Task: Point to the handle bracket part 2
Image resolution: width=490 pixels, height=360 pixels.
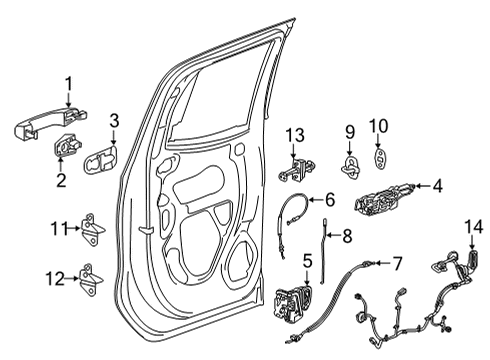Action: click(x=72, y=147)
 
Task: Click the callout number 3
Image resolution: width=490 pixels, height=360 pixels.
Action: click(x=115, y=121)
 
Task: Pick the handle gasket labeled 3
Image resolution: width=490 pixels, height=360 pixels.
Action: click(x=101, y=160)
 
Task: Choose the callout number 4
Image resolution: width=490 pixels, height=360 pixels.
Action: click(x=438, y=184)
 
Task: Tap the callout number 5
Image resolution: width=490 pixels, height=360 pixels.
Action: click(x=307, y=259)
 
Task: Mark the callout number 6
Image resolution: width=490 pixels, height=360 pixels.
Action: click(x=329, y=199)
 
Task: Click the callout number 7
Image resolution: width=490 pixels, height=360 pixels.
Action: click(x=396, y=264)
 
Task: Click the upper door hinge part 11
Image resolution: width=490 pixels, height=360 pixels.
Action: click(x=93, y=229)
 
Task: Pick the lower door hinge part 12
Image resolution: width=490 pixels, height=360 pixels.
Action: click(x=93, y=277)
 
